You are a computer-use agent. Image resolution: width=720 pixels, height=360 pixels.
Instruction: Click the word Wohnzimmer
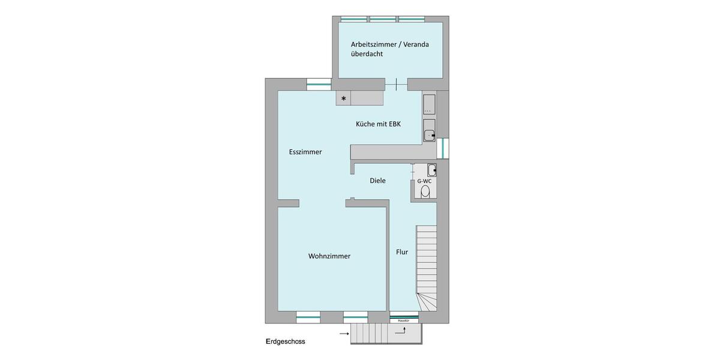(329, 256)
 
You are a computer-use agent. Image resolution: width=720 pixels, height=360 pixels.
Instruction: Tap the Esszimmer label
(305, 152)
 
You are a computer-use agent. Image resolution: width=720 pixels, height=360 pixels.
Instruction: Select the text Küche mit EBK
(378, 124)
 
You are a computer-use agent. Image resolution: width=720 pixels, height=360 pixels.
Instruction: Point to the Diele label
(377, 181)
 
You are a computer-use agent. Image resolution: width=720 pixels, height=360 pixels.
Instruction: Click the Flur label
(402, 252)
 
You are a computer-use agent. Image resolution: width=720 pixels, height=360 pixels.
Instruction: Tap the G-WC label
(424, 181)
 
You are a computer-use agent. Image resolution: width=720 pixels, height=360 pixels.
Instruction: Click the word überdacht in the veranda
(367, 54)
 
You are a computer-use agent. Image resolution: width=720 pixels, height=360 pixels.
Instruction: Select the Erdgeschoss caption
(286, 341)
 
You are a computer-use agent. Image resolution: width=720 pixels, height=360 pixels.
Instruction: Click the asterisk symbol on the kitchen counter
(344, 98)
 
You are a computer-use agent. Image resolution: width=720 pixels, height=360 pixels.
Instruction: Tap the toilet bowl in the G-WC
(425, 191)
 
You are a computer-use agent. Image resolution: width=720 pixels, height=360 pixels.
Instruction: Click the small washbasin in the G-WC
(431, 169)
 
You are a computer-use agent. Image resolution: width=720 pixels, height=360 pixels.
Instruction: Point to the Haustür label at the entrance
(404, 320)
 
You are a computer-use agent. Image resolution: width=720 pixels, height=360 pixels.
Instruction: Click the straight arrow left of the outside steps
(344, 332)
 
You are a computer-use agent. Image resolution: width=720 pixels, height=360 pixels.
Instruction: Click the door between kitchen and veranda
(396, 85)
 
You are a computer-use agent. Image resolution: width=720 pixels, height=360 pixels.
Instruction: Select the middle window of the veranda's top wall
(382, 19)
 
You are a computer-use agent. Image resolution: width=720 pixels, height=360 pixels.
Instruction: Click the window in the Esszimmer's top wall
(319, 85)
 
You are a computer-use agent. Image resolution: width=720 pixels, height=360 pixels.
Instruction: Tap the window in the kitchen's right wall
(443, 148)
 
